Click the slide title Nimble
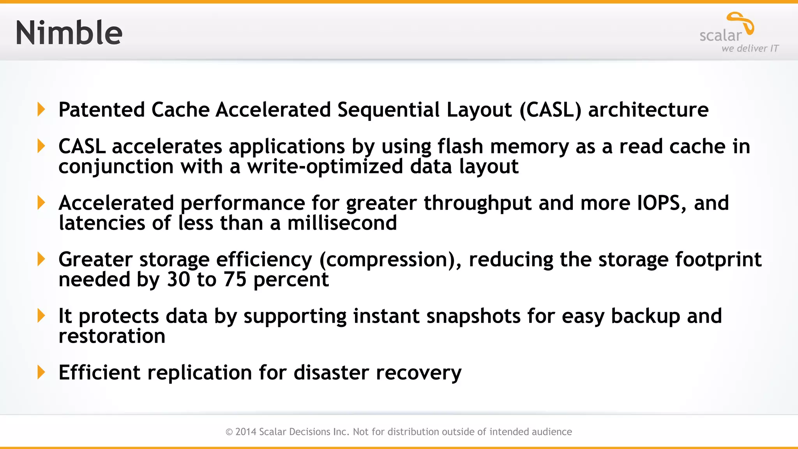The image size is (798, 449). [69, 33]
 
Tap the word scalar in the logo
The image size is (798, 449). [720, 35]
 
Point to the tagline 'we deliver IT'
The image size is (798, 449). [750, 48]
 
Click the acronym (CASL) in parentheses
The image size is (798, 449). [550, 110]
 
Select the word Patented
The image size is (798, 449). [102, 110]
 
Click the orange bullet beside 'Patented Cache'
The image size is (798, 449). [41, 110]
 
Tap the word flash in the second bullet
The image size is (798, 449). [460, 147]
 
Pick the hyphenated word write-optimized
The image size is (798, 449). [325, 167]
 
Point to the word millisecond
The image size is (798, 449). [342, 223]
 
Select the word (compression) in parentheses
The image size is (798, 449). [390, 260]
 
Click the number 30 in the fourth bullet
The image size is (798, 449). [178, 279]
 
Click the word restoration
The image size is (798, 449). [112, 336]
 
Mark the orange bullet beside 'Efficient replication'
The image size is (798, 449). [41, 372]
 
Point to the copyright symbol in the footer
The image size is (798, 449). [229, 432]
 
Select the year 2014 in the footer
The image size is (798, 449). [246, 432]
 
